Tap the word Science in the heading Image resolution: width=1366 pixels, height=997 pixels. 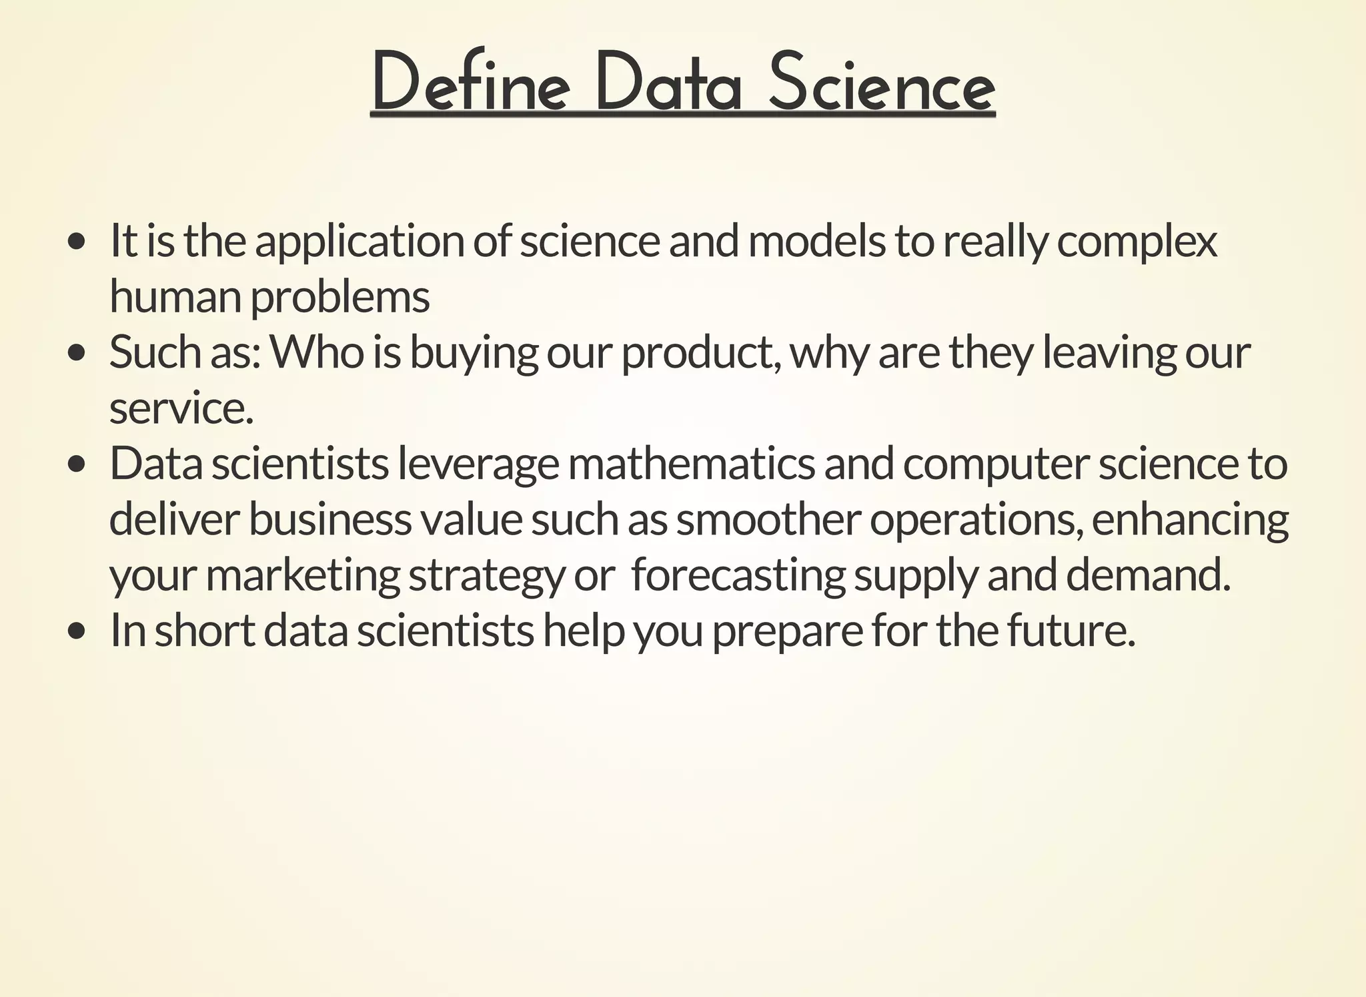[x=881, y=83]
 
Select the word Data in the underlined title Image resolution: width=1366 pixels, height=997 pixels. [x=668, y=83]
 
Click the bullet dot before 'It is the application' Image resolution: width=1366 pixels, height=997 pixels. [x=77, y=241]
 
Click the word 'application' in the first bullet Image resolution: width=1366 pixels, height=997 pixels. [x=360, y=242]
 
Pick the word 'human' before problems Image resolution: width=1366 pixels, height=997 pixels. [x=175, y=297]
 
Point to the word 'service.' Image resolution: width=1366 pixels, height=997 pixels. [x=181, y=409]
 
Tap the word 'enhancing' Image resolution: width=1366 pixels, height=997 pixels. [x=1190, y=521]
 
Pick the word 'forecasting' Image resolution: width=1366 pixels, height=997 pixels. [x=738, y=576]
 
